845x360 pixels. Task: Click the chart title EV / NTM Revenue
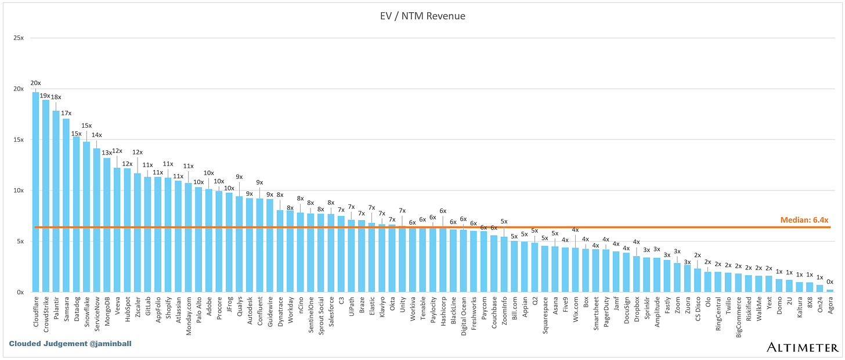point(422,16)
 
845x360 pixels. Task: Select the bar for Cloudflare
point(36,192)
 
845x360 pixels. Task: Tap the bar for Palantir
point(56,201)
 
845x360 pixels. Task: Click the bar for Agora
point(830,290)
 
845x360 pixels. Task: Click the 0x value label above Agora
point(830,282)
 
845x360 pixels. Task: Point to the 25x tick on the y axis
point(19,38)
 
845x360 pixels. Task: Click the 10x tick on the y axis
point(19,190)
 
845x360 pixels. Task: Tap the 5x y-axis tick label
point(20,242)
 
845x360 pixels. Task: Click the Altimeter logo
point(801,347)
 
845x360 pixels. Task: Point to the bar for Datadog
point(77,214)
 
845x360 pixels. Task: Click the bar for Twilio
point(728,282)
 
